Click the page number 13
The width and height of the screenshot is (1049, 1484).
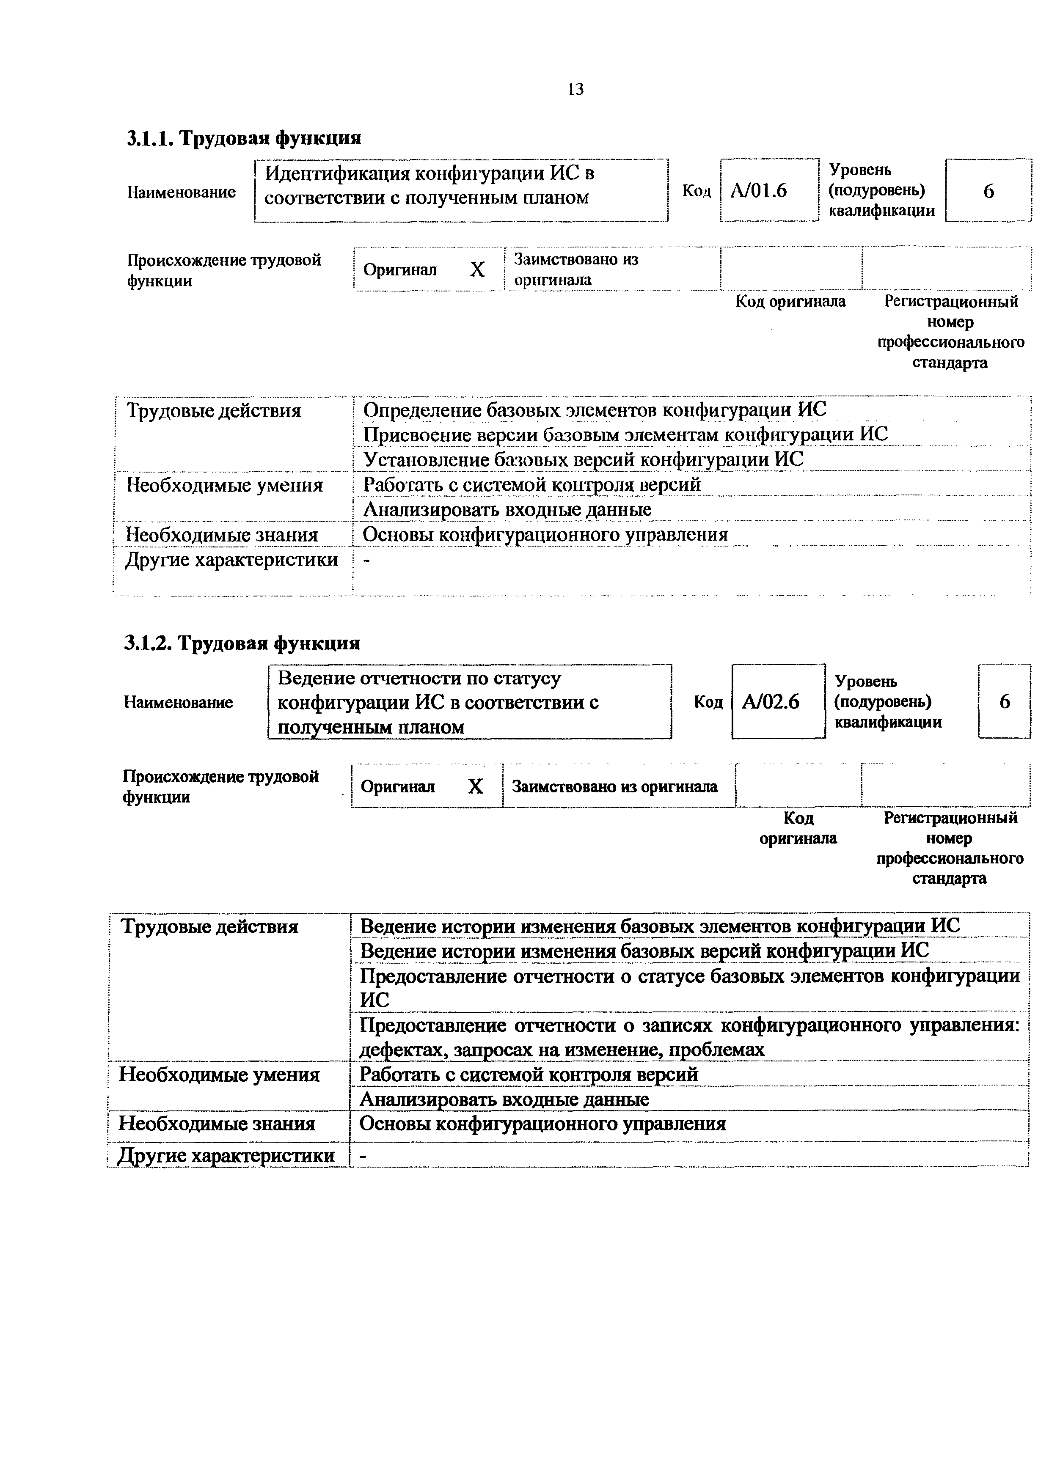[x=575, y=89]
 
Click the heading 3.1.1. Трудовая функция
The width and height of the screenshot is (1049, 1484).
[x=244, y=137]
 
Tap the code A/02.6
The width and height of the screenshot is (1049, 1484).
[x=771, y=701]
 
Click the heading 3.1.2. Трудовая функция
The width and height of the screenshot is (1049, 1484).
[x=242, y=643]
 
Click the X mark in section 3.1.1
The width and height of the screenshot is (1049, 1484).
[x=477, y=269]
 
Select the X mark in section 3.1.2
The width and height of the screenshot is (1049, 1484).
[x=475, y=786]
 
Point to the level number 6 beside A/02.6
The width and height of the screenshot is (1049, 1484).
[x=1005, y=701]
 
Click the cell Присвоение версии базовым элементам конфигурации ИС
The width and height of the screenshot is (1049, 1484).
[x=625, y=434]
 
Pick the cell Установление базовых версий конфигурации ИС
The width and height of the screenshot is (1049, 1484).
[x=583, y=459]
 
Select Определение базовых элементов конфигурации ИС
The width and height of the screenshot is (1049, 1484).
[x=594, y=410]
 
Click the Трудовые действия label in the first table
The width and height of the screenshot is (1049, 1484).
[x=214, y=410]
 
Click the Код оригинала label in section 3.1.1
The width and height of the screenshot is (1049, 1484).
[x=790, y=301]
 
